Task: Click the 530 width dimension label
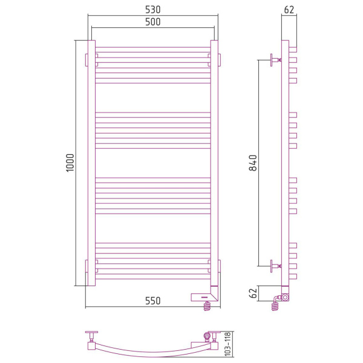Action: (x=153, y=10)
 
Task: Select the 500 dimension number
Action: (x=153, y=22)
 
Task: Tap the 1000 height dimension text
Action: (x=70, y=163)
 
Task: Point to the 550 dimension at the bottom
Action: (x=153, y=301)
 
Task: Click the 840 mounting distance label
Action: (x=253, y=163)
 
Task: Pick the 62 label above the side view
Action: (x=289, y=10)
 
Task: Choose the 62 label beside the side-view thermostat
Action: (x=253, y=293)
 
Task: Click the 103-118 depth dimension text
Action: (x=228, y=344)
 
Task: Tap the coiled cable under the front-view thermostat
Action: (x=208, y=306)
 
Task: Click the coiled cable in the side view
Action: (x=275, y=305)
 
